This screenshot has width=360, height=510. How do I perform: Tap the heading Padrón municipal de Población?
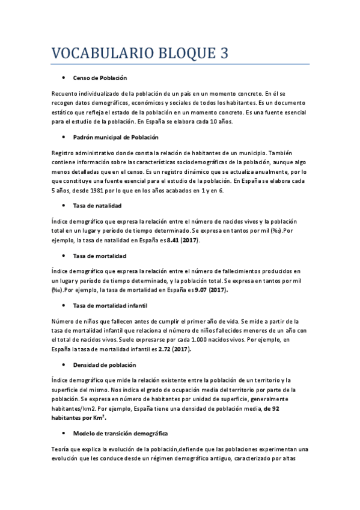pos(115,137)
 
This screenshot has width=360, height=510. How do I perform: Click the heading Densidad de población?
pos(105,365)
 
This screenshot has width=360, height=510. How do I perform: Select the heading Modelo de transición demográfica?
pos(120,433)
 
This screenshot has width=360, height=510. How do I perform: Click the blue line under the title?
pos(180,64)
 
